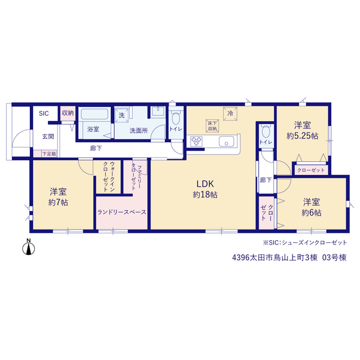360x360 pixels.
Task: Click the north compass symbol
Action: pos(29,247)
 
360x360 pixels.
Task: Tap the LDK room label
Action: pos(205,184)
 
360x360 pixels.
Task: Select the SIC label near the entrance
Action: pos(44,114)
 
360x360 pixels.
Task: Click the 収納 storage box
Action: pos(67,113)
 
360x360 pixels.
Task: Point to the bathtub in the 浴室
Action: pos(94,114)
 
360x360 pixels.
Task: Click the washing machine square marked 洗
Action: pos(121,115)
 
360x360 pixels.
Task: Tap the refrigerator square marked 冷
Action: pos(230,114)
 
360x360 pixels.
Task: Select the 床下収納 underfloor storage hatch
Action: pos(212,126)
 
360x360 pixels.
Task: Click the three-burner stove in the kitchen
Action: pos(197,141)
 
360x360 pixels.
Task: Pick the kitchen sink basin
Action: pos(226,141)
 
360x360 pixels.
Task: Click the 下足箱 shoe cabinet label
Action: pos(49,154)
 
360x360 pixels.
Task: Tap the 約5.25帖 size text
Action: pos(303,136)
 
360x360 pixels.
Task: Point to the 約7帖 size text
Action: pos(58,202)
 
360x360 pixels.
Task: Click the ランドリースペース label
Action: pos(121,212)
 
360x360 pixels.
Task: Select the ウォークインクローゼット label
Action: pos(109,177)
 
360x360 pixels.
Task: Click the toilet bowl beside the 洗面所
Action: pos(176,118)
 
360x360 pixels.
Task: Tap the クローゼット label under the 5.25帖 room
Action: pos(311,170)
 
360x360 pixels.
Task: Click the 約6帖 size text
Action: pos(311,213)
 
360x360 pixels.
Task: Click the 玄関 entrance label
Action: pos(48,137)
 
